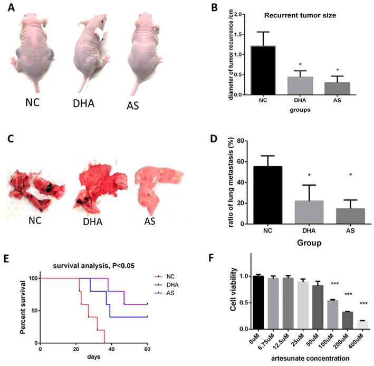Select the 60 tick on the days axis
click(147, 349)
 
